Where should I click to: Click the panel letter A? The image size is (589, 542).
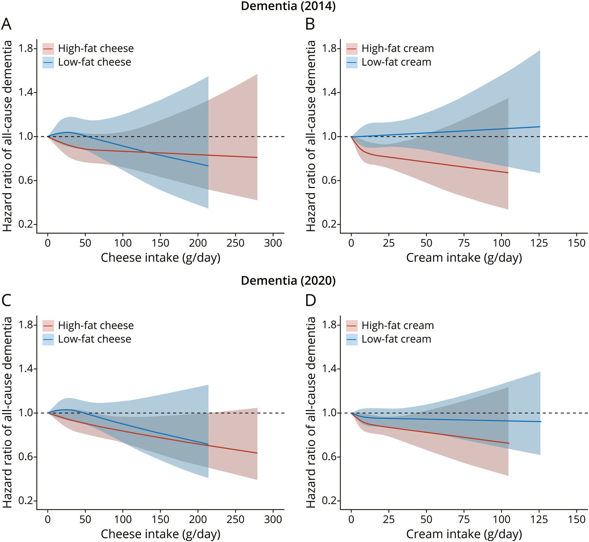(6, 25)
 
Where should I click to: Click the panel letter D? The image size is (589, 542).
(310, 301)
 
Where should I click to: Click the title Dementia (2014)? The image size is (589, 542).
(288, 6)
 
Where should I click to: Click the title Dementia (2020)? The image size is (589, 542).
(288, 281)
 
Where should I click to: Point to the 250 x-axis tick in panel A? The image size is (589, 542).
(235, 243)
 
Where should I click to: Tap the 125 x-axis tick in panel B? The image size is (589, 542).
(540, 243)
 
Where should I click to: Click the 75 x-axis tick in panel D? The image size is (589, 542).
(464, 520)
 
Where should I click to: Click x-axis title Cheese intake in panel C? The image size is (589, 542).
(160, 534)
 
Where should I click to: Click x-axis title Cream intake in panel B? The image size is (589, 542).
(464, 258)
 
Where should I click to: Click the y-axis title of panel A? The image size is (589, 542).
(7, 136)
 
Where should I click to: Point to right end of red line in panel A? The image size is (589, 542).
(257, 157)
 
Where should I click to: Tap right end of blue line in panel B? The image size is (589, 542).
(540, 126)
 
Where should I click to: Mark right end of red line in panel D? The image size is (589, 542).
(509, 443)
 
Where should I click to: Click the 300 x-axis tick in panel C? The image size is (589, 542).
(273, 520)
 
